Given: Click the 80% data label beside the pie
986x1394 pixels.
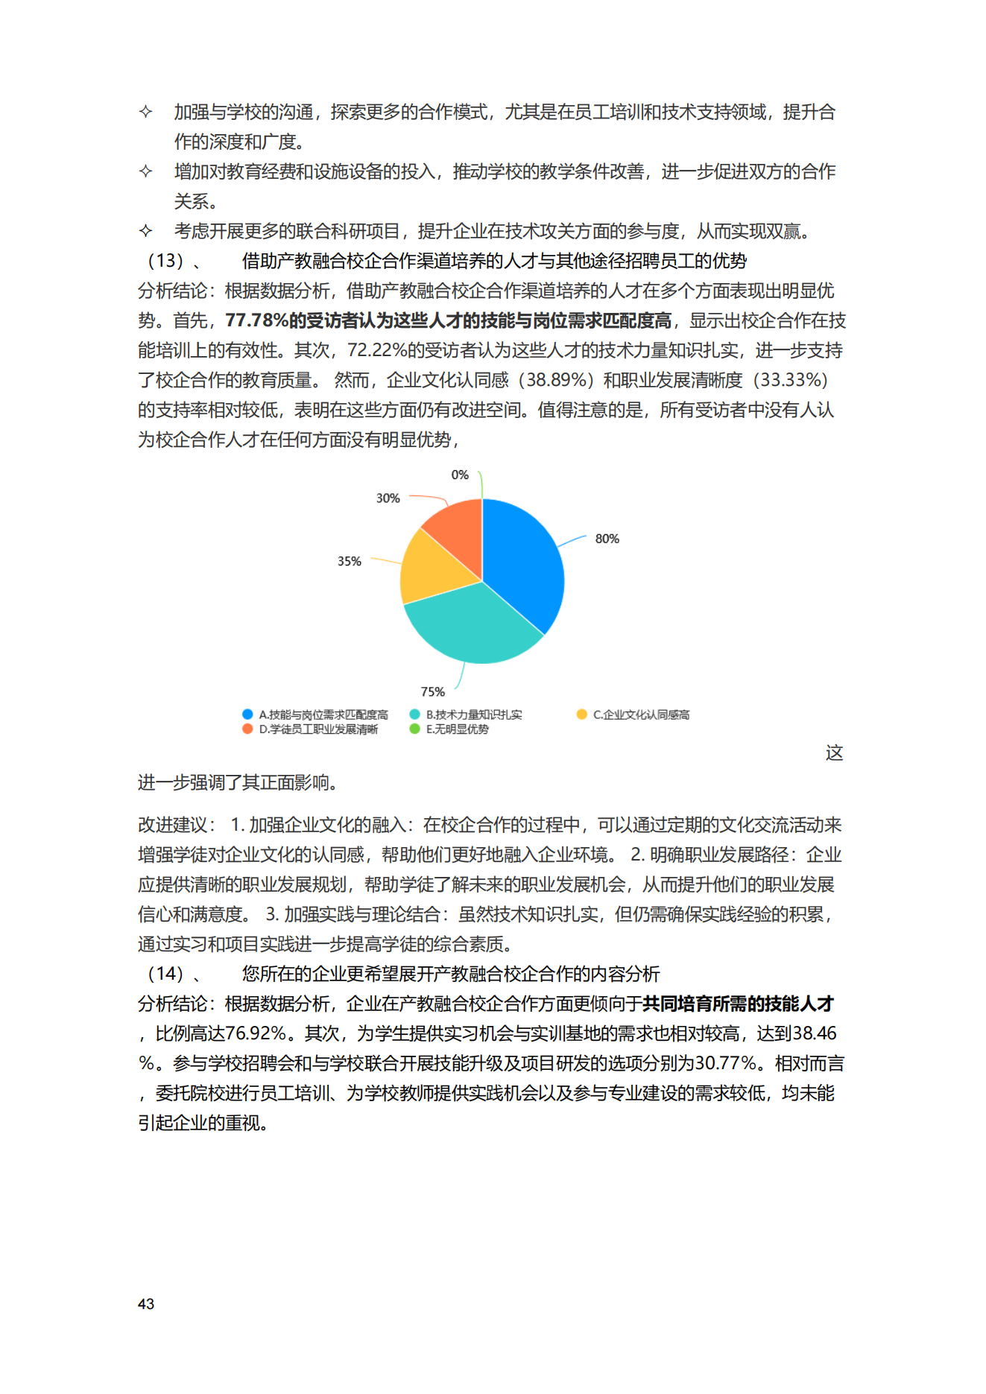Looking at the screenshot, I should point(607,539).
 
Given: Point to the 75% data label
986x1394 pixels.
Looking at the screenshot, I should point(432,691).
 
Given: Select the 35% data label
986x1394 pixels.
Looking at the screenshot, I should point(349,561).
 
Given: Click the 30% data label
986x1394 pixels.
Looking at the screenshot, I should point(388,498).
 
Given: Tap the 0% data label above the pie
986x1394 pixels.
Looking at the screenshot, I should point(460,475).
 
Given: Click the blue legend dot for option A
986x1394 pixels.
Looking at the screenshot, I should point(247,715).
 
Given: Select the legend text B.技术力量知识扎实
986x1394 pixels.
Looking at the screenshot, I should point(474,715).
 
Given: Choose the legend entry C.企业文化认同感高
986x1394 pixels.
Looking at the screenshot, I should point(641,715).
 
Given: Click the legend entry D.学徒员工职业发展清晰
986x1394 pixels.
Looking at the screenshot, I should point(318,729).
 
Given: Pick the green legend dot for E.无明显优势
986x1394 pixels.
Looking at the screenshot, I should point(414,729).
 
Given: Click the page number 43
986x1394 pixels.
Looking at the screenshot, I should point(146,1304).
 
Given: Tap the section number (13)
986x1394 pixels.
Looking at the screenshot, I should point(165,261).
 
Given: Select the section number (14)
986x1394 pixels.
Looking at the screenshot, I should point(165,974).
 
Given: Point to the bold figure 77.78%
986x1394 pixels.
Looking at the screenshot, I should point(256,320).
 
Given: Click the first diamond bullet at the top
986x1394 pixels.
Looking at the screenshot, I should point(146,112).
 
